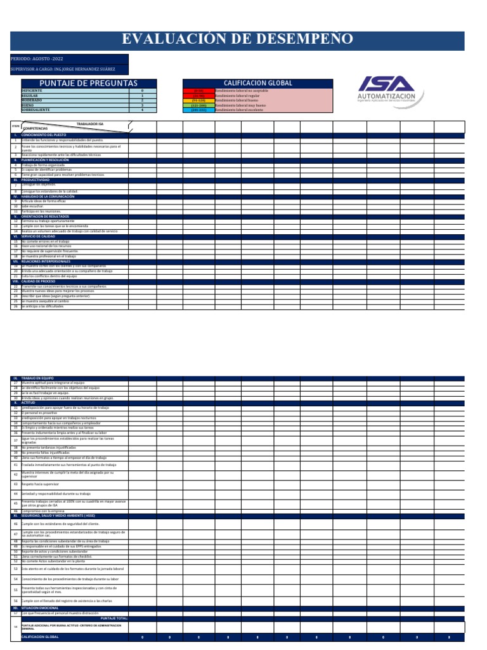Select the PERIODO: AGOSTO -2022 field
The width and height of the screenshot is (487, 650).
tap(38, 58)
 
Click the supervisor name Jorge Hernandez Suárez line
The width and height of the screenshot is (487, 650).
tap(63, 69)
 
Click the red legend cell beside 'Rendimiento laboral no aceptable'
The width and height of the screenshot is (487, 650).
tap(198, 91)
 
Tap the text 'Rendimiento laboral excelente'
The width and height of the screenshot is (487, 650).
tap(241, 110)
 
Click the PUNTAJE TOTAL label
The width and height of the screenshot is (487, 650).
tap(114, 618)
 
